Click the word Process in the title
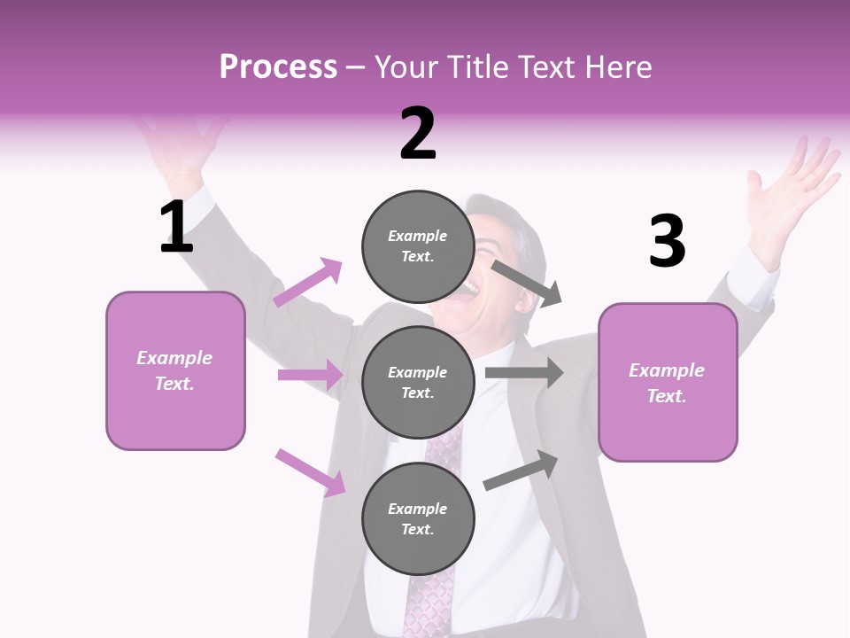point(278,66)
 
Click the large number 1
point(176,227)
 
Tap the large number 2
point(418,134)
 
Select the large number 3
point(667,242)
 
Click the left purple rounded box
point(175,370)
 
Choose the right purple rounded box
point(668,382)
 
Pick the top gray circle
point(418,246)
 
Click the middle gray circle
point(418,382)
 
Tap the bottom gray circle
point(418,518)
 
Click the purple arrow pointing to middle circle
point(310,375)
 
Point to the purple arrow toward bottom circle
point(310,471)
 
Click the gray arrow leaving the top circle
point(527,283)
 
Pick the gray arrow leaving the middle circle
point(524,373)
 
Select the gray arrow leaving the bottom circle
point(522,470)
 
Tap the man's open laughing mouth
point(466,292)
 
